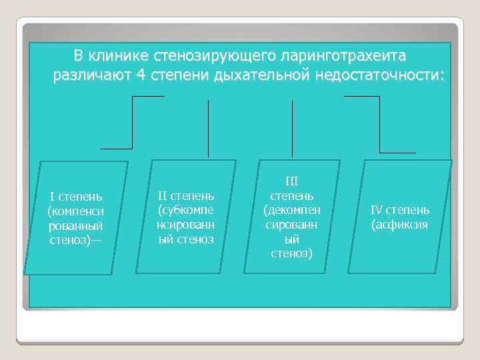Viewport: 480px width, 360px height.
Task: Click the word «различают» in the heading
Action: pos(91,75)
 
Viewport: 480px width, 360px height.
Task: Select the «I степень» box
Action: pos(76,217)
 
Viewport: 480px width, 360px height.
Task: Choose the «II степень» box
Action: pos(185,216)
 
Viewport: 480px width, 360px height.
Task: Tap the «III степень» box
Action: pos(292,216)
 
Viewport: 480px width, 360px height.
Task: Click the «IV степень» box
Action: pos(400,216)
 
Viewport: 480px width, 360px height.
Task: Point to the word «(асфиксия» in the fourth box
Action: pos(400,225)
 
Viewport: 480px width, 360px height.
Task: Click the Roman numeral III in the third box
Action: pos(292,181)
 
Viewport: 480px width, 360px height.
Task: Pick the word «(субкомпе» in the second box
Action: pos(185,210)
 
